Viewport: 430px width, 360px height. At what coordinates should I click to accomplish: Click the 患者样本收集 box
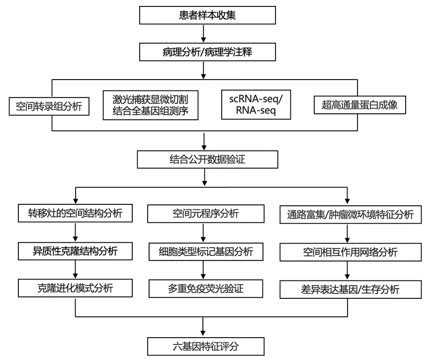click(207, 15)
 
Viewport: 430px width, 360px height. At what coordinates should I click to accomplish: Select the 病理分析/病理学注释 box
click(207, 52)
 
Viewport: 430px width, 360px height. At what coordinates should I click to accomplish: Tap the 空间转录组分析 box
click(49, 106)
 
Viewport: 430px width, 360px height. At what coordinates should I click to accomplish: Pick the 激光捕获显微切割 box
click(151, 105)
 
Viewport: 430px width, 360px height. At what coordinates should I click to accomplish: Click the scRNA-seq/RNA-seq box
click(256, 104)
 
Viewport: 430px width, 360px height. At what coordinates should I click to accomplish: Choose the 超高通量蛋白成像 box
click(359, 105)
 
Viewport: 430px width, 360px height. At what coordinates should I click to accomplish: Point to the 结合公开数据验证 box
click(207, 160)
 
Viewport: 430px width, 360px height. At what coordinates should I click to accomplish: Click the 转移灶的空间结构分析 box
click(75, 213)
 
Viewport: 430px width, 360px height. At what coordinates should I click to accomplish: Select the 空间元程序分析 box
click(206, 213)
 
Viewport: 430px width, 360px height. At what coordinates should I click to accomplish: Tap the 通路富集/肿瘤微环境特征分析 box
click(350, 215)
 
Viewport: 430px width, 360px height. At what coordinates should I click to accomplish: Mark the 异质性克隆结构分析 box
click(75, 251)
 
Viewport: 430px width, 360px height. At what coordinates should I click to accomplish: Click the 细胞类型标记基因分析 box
click(206, 252)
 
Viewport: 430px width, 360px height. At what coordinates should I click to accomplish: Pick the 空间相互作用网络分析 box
click(350, 252)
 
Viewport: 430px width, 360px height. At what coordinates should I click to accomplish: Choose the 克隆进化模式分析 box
click(75, 288)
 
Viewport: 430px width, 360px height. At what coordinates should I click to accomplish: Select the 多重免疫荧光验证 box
click(206, 289)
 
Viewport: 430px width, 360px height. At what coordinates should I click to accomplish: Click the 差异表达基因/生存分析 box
click(350, 289)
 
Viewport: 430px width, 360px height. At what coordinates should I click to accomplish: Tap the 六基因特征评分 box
click(206, 347)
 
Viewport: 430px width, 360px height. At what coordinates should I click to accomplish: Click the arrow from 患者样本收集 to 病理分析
click(203, 33)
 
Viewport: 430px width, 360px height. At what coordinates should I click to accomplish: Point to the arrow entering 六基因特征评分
click(203, 327)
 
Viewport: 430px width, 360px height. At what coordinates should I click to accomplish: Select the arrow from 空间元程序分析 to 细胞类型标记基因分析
click(203, 233)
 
